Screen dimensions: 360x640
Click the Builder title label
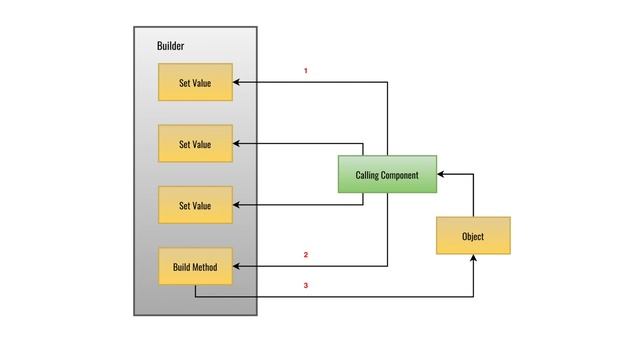pos(170,47)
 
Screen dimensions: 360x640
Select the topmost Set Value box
pos(195,83)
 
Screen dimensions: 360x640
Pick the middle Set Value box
pos(195,144)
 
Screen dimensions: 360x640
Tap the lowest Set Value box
pos(195,205)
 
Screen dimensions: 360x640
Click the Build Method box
pos(195,267)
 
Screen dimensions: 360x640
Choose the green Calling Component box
pos(387,175)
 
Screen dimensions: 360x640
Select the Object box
pos(473,236)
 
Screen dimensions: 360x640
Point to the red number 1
pos(305,71)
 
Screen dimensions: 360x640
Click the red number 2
pos(305,255)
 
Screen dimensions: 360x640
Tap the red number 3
pos(305,286)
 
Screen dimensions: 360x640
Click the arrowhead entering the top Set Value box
pos(238,83)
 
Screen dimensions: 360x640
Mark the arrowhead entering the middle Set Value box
pos(238,144)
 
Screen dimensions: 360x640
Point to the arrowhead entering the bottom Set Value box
pos(238,205)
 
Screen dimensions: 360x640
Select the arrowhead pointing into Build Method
pos(238,267)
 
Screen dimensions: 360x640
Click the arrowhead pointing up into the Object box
pos(473,259)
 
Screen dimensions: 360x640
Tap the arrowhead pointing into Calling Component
pos(442,174)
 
